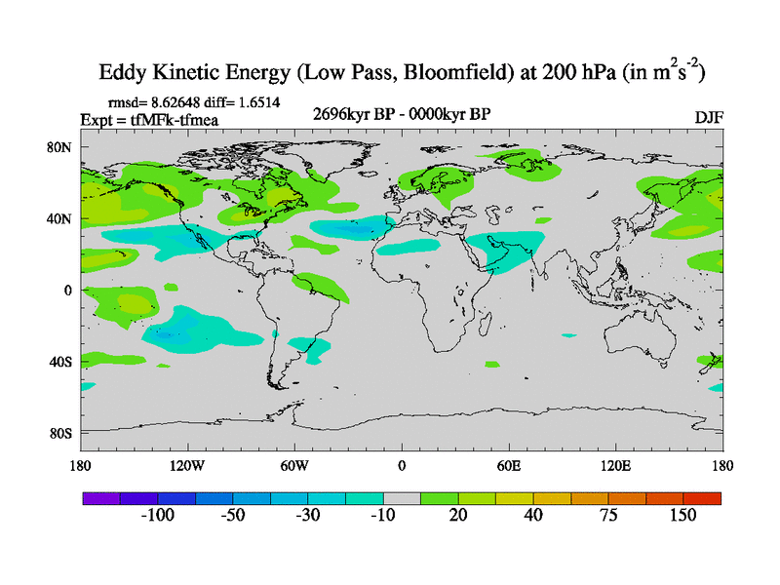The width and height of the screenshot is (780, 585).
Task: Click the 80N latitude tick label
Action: [x=62, y=147]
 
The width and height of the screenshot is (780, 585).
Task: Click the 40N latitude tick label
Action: [x=62, y=218]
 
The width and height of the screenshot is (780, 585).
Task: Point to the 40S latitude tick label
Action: [x=62, y=362]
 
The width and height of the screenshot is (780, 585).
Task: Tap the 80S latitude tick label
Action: [x=62, y=433]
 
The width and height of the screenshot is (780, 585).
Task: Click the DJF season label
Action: [x=708, y=117]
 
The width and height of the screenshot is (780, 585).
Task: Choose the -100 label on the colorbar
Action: [x=157, y=516]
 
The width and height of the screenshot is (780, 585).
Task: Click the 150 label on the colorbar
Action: [x=682, y=516]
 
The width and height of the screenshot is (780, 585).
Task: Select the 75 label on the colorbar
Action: [x=608, y=516]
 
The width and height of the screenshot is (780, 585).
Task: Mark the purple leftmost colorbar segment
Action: [x=101, y=497]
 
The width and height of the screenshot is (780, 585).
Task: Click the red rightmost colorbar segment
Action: [x=702, y=497]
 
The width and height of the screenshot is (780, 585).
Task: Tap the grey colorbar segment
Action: [x=402, y=497]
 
